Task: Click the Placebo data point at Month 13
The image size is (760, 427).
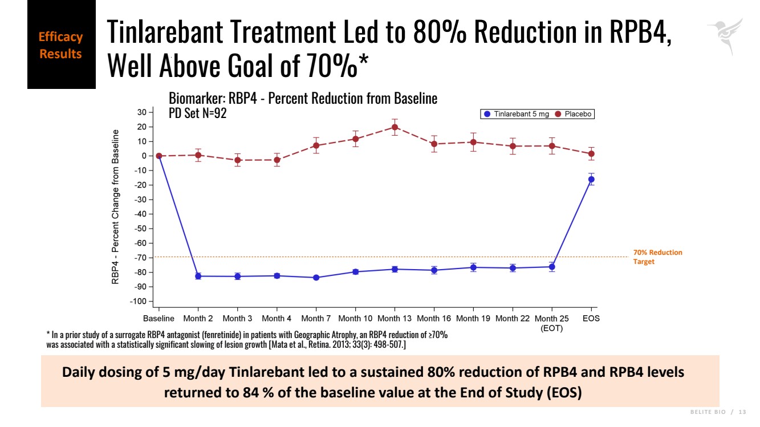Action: [395, 127]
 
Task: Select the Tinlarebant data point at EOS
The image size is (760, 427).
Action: [591, 179]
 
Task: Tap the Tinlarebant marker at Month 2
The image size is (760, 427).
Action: [198, 276]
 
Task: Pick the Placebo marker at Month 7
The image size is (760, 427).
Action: [316, 145]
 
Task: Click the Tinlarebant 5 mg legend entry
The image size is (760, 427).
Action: [517, 114]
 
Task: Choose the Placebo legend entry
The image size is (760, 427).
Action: [574, 114]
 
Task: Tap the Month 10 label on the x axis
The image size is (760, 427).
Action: [355, 319]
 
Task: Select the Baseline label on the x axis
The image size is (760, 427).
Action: [158, 319]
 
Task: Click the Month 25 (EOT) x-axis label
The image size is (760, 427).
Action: [551, 323]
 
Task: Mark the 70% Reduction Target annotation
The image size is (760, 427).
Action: [657, 257]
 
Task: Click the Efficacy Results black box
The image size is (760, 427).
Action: [61, 46]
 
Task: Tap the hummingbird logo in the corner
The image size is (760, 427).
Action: [725, 35]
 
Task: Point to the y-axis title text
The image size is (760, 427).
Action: [116, 207]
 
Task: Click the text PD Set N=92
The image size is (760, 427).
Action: [198, 113]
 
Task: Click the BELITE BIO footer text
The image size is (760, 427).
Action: [707, 412]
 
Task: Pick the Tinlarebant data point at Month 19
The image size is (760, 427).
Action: [473, 267]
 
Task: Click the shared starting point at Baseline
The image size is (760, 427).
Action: [159, 156]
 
